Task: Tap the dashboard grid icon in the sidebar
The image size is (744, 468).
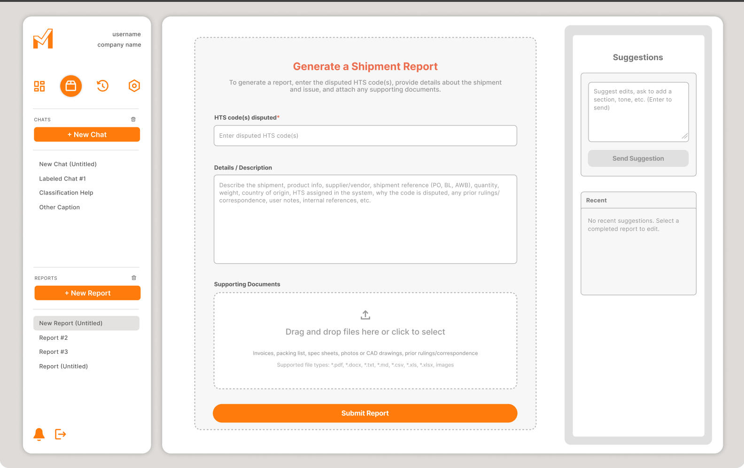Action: pyautogui.click(x=39, y=86)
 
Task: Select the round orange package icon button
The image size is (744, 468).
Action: pyautogui.click(x=71, y=86)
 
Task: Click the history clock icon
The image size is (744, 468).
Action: pyautogui.click(x=103, y=86)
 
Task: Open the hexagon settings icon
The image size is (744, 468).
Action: pyautogui.click(x=134, y=86)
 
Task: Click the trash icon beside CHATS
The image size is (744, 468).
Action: pyautogui.click(x=133, y=119)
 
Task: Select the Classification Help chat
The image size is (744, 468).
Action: pyautogui.click(x=66, y=193)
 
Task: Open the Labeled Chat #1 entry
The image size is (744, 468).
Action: pyautogui.click(x=62, y=179)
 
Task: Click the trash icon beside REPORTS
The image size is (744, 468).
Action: pyautogui.click(x=134, y=278)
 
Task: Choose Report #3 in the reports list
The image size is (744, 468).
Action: pyautogui.click(x=54, y=351)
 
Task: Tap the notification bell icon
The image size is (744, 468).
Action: pyautogui.click(x=39, y=434)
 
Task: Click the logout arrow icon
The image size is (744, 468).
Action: pyautogui.click(x=61, y=434)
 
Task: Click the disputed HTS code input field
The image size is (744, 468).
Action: pyautogui.click(x=365, y=136)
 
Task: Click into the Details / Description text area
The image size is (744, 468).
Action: pyautogui.click(x=365, y=219)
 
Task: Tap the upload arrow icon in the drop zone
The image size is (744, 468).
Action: pyautogui.click(x=365, y=315)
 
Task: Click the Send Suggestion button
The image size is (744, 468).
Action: pyautogui.click(x=638, y=158)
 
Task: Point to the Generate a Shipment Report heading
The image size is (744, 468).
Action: pyautogui.click(x=365, y=66)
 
